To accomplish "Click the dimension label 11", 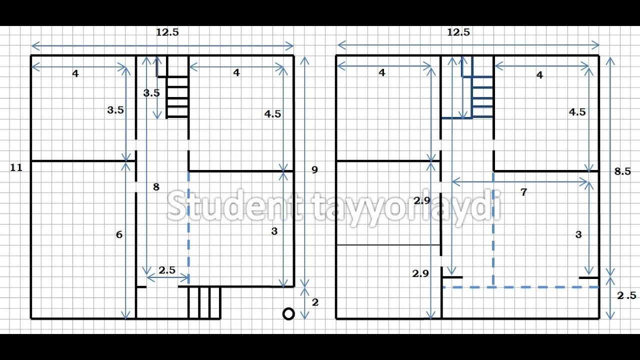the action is pos(16,167).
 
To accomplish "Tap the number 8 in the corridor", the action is pos(156,187).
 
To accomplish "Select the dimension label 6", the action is pos(119,234).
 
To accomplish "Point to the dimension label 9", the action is pos(314,169).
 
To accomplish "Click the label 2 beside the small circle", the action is pos(315,302).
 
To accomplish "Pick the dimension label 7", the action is pos(523,192).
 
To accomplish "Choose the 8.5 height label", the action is pos(622,171).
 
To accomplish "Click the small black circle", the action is pos(288,314).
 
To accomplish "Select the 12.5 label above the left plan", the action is pos(167,32).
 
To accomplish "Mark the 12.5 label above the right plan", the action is pos(458,32).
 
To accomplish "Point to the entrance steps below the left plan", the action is pos(204,303).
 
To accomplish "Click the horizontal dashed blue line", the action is pos(520,287).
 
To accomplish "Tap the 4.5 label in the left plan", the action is pos(272,114).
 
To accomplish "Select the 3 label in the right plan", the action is pos(578,234).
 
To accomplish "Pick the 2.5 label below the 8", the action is pos(167,270).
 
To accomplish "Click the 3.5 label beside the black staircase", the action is pos(151,93).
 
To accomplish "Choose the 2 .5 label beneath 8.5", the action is pos(626,295).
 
